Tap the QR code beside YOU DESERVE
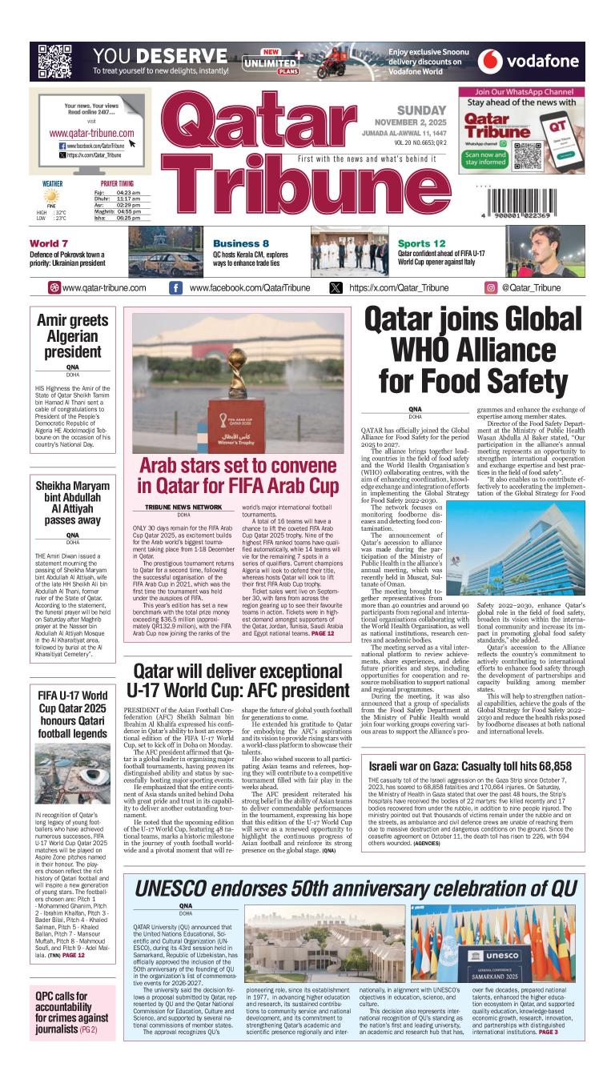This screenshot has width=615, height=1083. click(x=55, y=61)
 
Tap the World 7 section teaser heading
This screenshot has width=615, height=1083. click(x=49, y=243)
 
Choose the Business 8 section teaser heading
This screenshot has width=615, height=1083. click(x=241, y=243)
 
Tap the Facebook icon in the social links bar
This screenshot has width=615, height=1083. click(x=175, y=288)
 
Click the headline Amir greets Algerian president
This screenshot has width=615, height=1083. click(x=73, y=337)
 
